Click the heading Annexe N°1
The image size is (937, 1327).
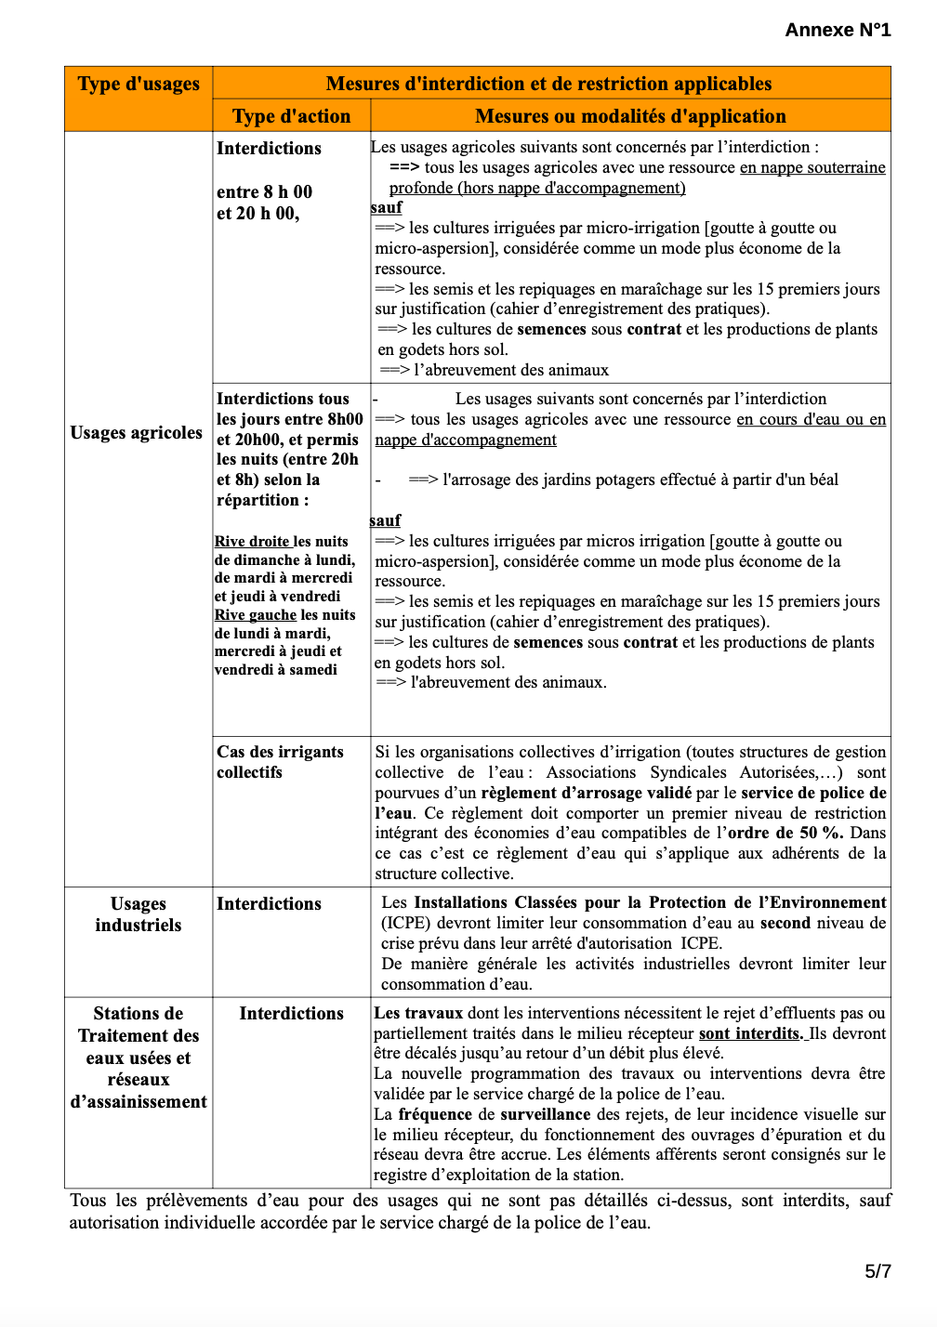(x=838, y=30)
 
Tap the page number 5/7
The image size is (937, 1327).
(x=878, y=1271)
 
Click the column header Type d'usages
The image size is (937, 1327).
(x=139, y=84)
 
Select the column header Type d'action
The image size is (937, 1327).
(x=291, y=116)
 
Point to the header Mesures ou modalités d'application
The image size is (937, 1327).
(x=630, y=116)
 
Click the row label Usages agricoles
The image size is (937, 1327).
(x=137, y=433)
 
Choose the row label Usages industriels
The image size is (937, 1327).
(x=139, y=914)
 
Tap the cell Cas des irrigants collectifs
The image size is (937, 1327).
(x=280, y=762)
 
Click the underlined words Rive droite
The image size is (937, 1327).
(x=252, y=542)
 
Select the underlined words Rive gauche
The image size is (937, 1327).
(x=256, y=615)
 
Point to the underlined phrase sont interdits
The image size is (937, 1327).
(x=750, y=1033)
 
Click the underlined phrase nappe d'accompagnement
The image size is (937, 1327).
(x=466, y=440)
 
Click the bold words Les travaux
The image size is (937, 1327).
(x=418, y=1013)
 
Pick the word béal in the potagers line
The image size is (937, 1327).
(x=822, y=480)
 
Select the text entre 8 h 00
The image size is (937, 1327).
(x=264, y=192)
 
